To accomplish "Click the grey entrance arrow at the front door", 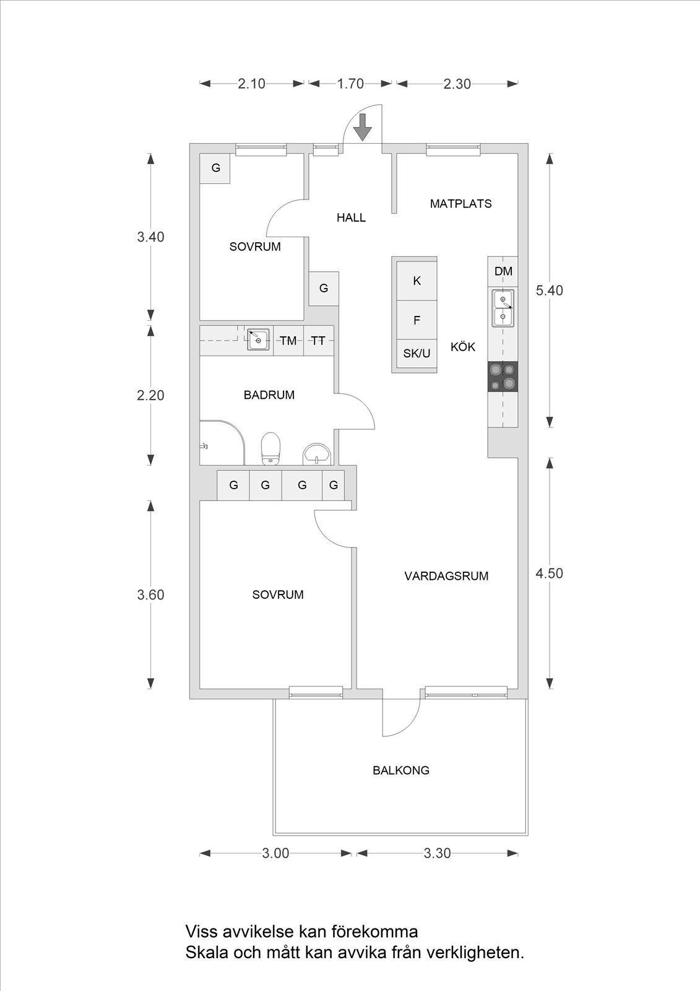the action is click(x=363, y=127).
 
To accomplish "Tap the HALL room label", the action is click(x=351, y=217).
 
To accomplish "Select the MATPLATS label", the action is click(x=460, y=204).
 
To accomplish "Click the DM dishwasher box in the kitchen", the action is click(x=503, y=271).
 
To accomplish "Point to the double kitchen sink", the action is click(x=503, y=308).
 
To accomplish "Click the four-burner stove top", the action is click(x=503, y=376).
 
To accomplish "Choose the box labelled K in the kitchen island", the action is click(x=417, y=281).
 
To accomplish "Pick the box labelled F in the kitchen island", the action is click(x=417, y=320).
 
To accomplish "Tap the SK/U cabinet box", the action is click(x=417, y=354).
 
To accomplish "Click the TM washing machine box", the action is click(x=288, y=341).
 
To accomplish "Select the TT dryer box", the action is click(x=318, y=341).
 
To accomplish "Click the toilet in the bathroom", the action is click(x=271, y=448).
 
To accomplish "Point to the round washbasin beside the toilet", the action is click(x=317, y=455).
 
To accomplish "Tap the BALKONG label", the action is click(x=400, y=771).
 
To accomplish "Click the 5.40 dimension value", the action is click(x=549, y=290).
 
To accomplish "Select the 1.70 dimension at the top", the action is click(x=350, y=83).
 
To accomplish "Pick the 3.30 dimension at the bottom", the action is click(x=437, y=853).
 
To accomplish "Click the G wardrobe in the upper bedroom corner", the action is click(x=215, y=168).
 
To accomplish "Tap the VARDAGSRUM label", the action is click(x=446, y=576).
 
